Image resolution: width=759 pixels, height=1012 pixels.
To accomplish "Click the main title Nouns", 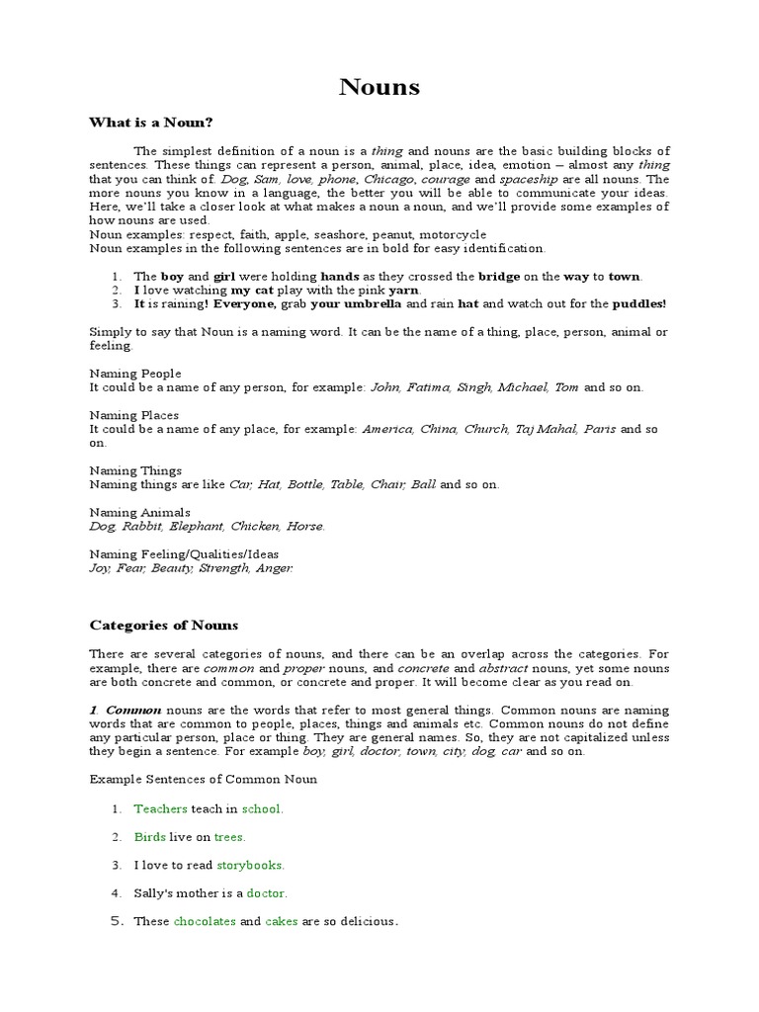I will click(379, 87).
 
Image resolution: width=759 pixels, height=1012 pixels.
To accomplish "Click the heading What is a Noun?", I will click(151, 122).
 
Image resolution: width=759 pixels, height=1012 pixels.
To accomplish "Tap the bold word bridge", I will click(499, 277).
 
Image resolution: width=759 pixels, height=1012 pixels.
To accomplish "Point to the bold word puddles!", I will click(639, 304).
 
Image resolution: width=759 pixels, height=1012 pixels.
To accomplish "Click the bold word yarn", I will click(403, 291).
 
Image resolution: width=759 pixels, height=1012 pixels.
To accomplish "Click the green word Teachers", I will click(160, 808).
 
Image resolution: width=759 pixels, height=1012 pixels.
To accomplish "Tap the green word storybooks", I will click(250, 865).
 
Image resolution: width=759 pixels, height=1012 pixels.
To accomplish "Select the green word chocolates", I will click(205, 922).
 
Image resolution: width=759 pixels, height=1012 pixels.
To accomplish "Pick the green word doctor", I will click(266, 893).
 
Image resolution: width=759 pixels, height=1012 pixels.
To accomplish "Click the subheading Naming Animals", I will click(135, 513).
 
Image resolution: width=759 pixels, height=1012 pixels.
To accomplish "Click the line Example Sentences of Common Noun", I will click(204, 779).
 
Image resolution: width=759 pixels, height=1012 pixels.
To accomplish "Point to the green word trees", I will click(229, 837).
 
